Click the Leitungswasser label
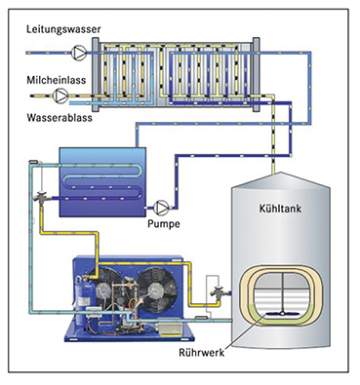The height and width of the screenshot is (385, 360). click(63, 29)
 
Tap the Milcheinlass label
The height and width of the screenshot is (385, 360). click(57, 80)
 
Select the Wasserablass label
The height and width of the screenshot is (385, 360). click(60, 117)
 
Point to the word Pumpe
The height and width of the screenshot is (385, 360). click(164, 224)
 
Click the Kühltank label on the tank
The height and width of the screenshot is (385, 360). click(280, 209)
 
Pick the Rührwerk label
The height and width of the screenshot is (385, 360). click(202, 353)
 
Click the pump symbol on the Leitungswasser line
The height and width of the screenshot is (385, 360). click(79, 53)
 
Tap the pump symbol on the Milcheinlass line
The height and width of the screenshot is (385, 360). click(60, 96)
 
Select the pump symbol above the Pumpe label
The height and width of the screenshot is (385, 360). click(161, 208)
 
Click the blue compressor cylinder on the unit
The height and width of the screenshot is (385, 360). click(83, 293)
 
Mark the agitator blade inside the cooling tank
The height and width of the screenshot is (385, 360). click(281, 314)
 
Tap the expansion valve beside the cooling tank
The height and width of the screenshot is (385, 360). click(218, 292)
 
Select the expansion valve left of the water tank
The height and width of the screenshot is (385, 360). click(42, 197)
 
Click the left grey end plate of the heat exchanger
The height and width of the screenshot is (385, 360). click(95, 75)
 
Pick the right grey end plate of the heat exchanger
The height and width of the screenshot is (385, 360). click(257, 75)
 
